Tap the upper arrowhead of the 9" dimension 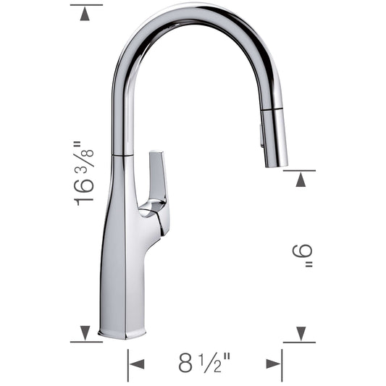[x=300, y=179]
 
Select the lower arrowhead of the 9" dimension [x=300, y=333]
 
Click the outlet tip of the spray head [x=276, y=165]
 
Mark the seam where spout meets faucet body [x=122, y=154]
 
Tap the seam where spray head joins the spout [x=272, y=109]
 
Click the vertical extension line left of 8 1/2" [x=128, y=365]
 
